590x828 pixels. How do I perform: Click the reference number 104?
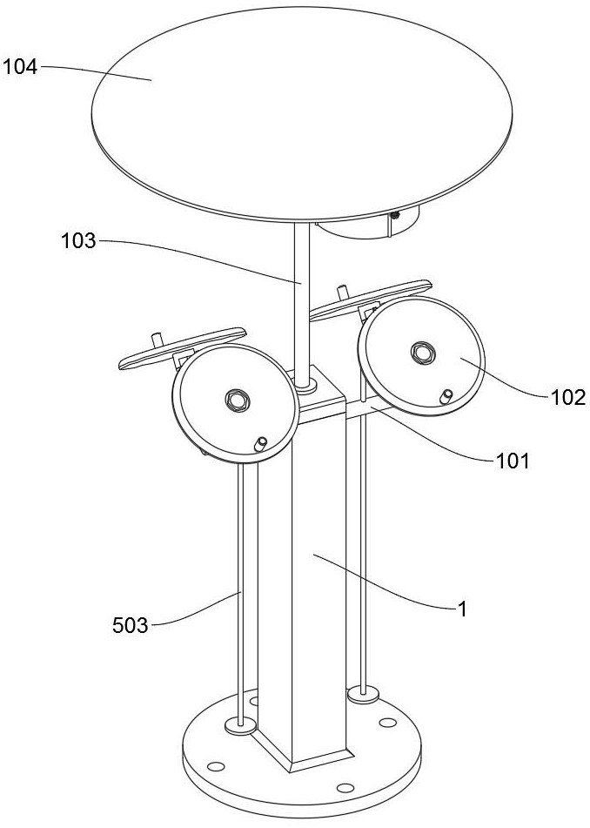click(20, 66)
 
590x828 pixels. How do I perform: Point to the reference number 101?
click(513, 461)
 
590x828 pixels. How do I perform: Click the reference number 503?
click(131, 623)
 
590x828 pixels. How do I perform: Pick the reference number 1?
click(463, 609)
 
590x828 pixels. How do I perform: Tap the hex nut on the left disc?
click(236, 400)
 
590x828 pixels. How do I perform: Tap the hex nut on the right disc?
click(424, 353)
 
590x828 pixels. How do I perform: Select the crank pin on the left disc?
click(259, 445)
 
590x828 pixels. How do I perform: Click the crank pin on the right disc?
click(446, 396)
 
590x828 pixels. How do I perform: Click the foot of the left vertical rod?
click(239, 724)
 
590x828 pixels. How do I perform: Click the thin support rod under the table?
click(301, 296)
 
